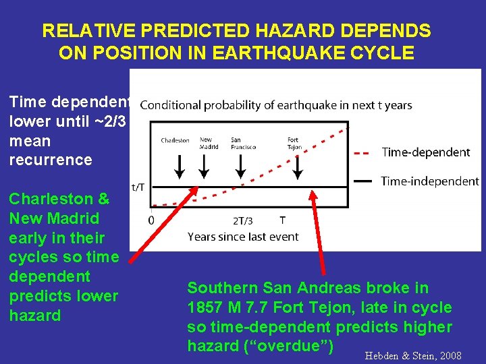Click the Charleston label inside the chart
pyautogui.click(x=175, y=140)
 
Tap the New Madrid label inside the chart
pyautogui.click(x=205, y=143)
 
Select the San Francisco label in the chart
pyautogui.click(x=243, y=143)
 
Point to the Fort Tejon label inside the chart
pyautogui.click(x=294, y=143)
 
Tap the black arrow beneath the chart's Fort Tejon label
pyautogui.click(x=297, y=166)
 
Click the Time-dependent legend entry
pyautogui.click(x=425, y=152)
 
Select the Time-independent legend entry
pyautogui.click(x=429, y=181)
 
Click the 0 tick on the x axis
pyautogui.click(x=151, y=220)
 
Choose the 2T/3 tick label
pyautogui.click(x=244, y=220)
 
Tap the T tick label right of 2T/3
pyautogui.click(x=283, y=220)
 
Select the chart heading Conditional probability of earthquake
pyautogui.click(x=275, y=105)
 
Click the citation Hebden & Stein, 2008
pyautogui.click(x=412, y=355)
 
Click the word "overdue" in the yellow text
pyautogui.click(x=298, y=346)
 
